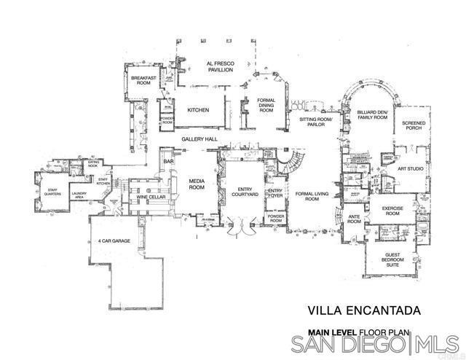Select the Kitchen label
[198, 110]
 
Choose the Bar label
[168, 161]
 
